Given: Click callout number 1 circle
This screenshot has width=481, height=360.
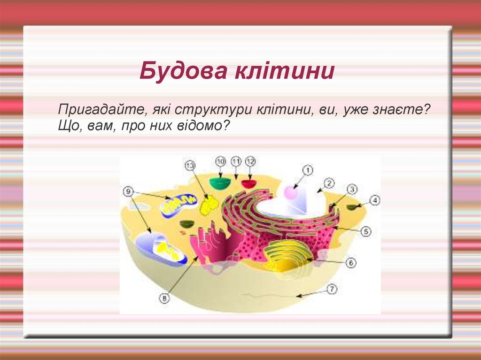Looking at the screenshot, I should coord(307,170).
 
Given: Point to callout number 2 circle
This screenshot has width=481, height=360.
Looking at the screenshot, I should coord(328,183).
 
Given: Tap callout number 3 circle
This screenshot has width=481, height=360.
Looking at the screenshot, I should coord(352,189).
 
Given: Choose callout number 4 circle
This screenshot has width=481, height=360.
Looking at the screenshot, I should coord(374,200).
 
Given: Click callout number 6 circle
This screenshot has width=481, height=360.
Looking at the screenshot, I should coord(351,263).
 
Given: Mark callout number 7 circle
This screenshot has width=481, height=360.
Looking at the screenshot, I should coord(332,290).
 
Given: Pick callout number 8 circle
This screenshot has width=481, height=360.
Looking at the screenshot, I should coord(164,297).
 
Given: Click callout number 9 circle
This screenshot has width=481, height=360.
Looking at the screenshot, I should coord(129,191).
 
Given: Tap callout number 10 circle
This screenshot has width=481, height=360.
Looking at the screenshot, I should coord(221,161).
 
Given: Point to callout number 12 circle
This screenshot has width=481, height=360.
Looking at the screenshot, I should coord(250,161).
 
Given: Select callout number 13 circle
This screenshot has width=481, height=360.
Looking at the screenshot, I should coord(190,165).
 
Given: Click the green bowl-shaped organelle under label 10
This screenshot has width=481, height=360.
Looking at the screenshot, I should coord(220,183).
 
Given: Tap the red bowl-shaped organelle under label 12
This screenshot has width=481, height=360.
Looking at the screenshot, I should coord(249,183).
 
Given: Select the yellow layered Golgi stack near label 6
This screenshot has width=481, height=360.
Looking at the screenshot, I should coord(287,256).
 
